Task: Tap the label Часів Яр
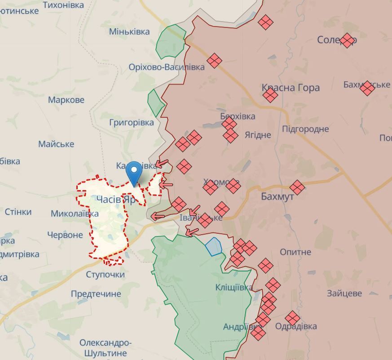tap(115, 200)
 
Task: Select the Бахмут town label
tap(277, 196)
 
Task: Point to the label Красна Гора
tap(291, 88)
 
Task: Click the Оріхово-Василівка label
tap(166, 67)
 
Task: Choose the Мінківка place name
tap(129, 31)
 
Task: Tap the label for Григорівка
tap(131, 122)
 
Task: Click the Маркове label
tap(66, 99)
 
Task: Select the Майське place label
tap(56, 144)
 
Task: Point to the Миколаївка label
tap(75, 213)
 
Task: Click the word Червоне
tap(65, 235)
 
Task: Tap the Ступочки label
tap(105, 274)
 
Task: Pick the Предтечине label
tap(96, 294)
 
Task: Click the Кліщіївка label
tap(233, 287)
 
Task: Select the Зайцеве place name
tap(344, 293)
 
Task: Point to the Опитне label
tap(295, 252)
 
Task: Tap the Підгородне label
tap(312, 129)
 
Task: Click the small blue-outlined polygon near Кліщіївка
tap(214, 246)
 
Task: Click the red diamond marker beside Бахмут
tap(297, 187)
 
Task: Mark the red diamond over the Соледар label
tap(347, 40)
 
